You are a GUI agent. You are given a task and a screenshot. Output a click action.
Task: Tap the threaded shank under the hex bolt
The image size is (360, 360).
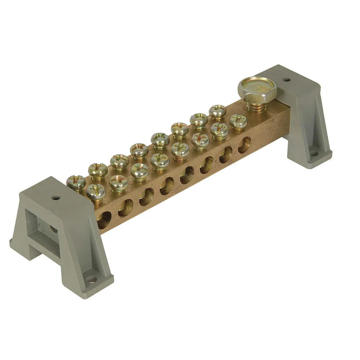(x=257, y=105)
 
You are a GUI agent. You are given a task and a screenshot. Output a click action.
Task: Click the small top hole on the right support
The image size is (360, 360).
(x=286, y=80)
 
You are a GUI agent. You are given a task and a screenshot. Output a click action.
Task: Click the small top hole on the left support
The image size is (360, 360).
(x=56, y=197)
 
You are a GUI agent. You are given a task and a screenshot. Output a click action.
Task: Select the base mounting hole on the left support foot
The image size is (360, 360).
(x=92, y=280)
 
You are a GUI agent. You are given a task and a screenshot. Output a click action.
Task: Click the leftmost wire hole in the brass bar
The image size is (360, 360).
(x=104, y=219)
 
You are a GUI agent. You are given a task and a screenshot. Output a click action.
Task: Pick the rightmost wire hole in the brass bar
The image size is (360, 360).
(x=244, y=145)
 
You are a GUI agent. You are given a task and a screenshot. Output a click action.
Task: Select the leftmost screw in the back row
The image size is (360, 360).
(x=76, y=181)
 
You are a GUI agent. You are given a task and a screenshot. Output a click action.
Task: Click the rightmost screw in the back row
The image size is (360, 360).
(x=217, y=111)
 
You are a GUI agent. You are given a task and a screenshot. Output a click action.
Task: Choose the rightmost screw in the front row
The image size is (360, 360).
(x=238, y=121)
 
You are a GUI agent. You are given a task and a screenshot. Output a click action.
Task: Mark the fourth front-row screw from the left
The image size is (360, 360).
(x=160, y=160)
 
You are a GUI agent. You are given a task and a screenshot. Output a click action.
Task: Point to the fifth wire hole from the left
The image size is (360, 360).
(x=187, y=175)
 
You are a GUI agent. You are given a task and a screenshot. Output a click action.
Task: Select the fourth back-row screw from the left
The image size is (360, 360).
(x=139, y=150)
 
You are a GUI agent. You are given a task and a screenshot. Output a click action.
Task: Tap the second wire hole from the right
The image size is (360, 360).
(x=226, y=154)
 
